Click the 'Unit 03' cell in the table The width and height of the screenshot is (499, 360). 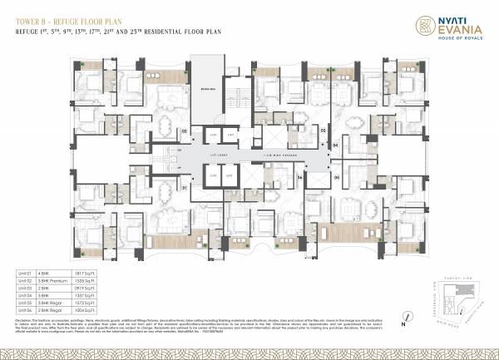click(25, 287)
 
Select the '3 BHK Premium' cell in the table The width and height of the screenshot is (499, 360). click(66, 280)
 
